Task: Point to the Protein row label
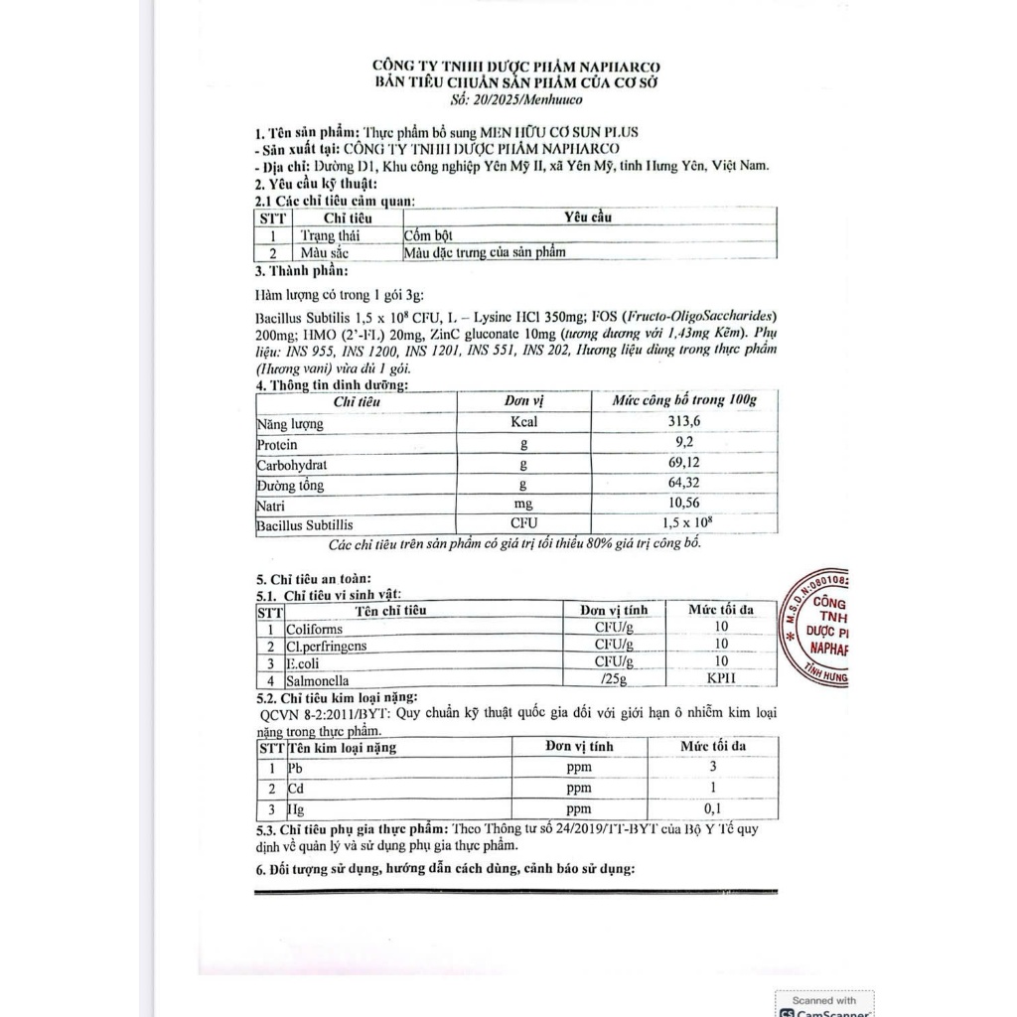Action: click(277, 444)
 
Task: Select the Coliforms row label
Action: click(315, 629)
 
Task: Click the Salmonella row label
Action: click(318, 680)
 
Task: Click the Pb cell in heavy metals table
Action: click(294, 768)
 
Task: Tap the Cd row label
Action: click(295, 789)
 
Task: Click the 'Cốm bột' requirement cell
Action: click(428, 235)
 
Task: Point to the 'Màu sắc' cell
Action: click(324, 252)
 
